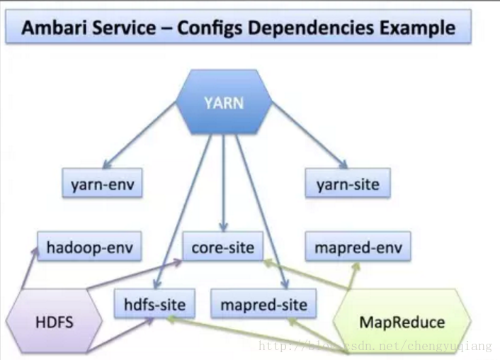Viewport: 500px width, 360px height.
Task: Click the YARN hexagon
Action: [x=225, y=101]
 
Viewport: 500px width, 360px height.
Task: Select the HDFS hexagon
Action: [x=55, y=321]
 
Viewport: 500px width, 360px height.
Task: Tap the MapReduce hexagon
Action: [x=402, y=321]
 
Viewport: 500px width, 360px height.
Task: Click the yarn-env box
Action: [x=102, y=184]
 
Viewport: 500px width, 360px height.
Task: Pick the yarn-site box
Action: [x=348, y=184]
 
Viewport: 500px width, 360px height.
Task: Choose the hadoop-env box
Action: [x=90, y=247]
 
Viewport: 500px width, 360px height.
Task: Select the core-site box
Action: [x=223, y=247]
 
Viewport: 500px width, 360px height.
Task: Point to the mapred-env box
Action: [x=358, y=247]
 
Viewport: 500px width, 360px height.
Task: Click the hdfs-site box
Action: [x=154, y=303]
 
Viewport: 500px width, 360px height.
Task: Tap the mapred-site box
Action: [x=263, y=303]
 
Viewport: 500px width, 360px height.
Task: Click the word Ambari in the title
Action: [x=54, y=28]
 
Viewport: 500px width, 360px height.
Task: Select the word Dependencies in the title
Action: [x=311, y=28]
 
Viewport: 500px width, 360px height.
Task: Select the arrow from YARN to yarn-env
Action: [x=140, y=135]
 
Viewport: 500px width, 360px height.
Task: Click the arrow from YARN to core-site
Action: [x=224, y=183]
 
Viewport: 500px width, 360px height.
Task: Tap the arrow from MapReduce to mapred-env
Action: [x=353, y=276]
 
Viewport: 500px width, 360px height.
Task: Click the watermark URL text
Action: [x=375, y=346]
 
